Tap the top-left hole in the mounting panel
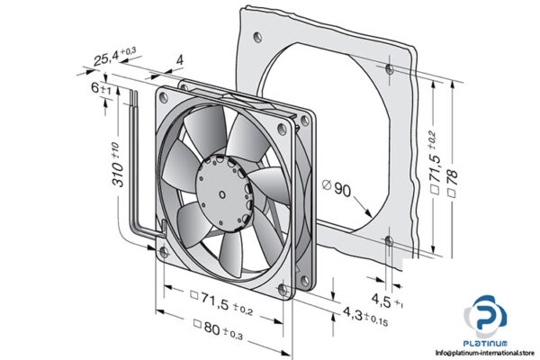[259, 38]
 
